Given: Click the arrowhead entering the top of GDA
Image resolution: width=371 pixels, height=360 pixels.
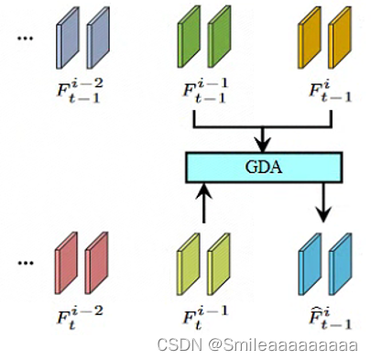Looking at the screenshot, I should pos(263,145).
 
